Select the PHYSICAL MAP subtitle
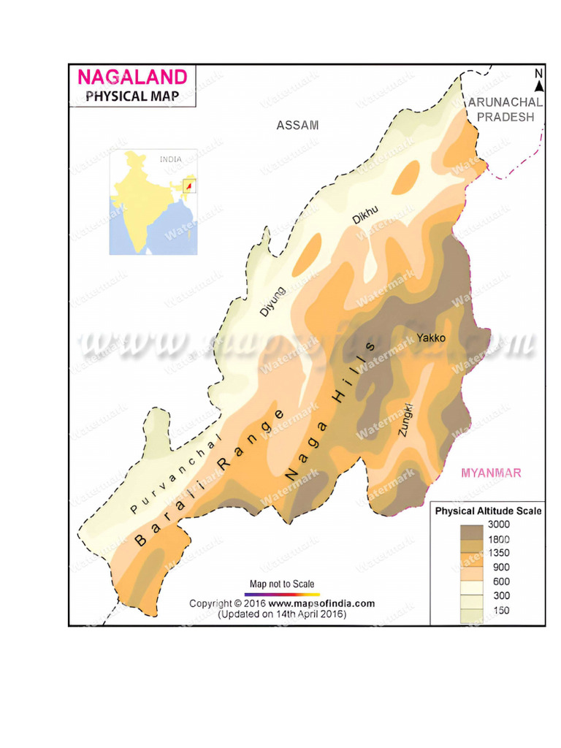click(x=131, y=96)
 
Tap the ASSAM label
click(x=297, y=125)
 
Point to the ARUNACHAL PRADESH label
click(x=505, y=110)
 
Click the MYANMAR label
click(x=491, y=473)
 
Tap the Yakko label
click(x=430, y=337)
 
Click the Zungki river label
click(x=406, y=420)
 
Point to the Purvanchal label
click(x=173, y=475)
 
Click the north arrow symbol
click(x=538, y=83)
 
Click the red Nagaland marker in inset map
click(x=189, y=187)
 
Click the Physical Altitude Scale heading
click(x=488, y=511)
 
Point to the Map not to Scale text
click(x=282, y=584)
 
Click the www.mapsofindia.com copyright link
click(x=321, y=603)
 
